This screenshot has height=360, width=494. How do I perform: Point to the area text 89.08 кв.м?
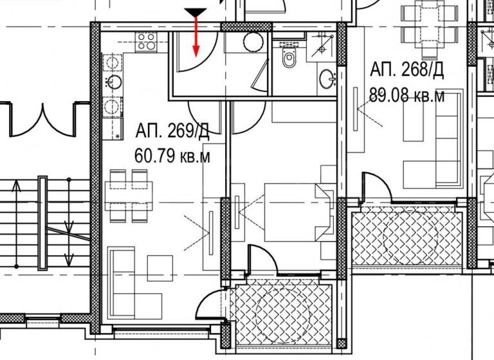coord(407,96)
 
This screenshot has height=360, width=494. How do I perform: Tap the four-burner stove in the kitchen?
coord(145,41)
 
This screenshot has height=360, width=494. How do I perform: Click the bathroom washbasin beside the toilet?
coord(327,80)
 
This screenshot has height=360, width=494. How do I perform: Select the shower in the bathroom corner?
coord(322,41)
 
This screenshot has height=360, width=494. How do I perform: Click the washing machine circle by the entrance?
coord(252,42)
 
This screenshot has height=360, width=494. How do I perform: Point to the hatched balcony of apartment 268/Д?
coord(407,237)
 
